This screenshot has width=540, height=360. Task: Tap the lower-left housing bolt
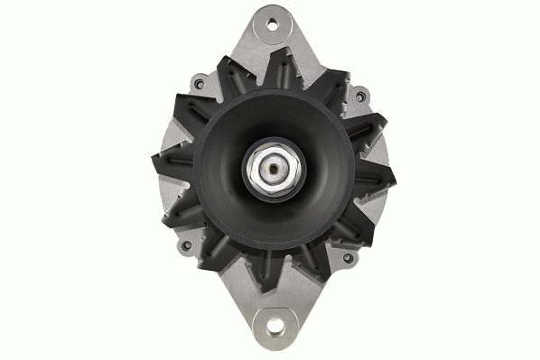click(186, 245)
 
